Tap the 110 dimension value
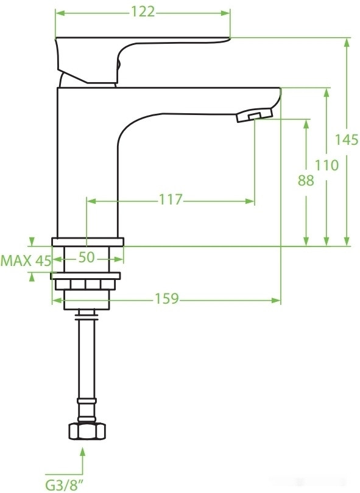pyautogui.click(x=326, y=164)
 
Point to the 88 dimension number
pyautogui.click(x=306, y=181)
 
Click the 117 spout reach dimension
pyautogui.click(x=171, y=200)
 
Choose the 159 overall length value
pyautogui.click(x=166, y=299)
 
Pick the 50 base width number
pyautogui.click(x=87, y=257)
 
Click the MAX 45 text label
pyautogui.click(x=25, y=261)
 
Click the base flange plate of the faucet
pyautogui.click(x=87, y=241)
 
